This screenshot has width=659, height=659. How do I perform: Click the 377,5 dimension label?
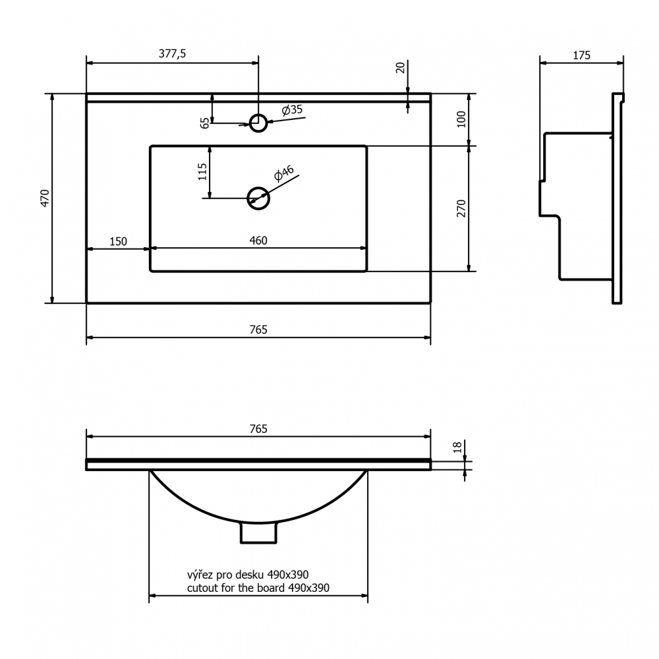[x=172, y=54]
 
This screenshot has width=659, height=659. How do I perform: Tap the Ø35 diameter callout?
[x=292, y=109]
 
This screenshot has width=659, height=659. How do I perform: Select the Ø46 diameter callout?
[x=283, y=173]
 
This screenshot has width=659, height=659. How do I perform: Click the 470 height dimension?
[x=45, y=198]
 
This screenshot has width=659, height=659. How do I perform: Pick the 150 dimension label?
[x=118, y=242]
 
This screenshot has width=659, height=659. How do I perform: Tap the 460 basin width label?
[x=258, y=241]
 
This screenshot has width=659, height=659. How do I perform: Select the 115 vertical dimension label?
[x=202, y=172]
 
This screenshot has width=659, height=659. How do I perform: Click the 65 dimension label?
[x=205, y=123]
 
